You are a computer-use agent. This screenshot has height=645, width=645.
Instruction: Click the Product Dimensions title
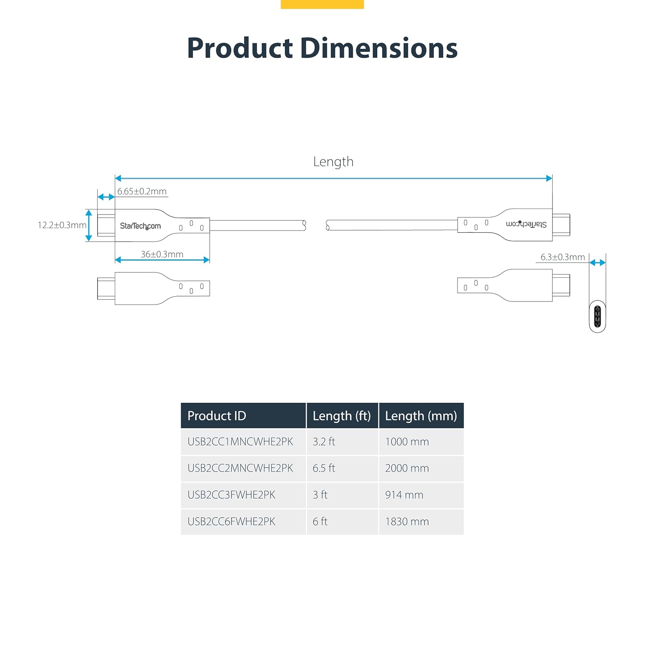[x=322, y=48]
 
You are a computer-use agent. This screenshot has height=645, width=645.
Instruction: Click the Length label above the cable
[x=333, y=162]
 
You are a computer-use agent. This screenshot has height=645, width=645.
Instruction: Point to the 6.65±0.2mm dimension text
[x=142, y=191]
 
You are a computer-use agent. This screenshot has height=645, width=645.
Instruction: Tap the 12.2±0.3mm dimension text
[x=62, y=225]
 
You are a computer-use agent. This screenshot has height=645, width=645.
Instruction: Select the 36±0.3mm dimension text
[x=162, y=254]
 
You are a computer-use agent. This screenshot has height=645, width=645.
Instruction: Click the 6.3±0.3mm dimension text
[x=562, y=257]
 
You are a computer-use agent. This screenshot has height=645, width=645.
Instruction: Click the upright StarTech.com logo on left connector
[x=140, y=226]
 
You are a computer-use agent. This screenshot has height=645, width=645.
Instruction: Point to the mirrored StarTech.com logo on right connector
[x=526, y=224]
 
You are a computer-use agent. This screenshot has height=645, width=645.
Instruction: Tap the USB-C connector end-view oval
[x=597, y=316]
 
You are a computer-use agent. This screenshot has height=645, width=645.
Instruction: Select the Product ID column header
[x=217, y=416]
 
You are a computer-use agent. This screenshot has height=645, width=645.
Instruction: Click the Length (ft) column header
[x=342, y=416]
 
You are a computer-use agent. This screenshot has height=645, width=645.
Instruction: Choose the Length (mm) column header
[x=421, y=416]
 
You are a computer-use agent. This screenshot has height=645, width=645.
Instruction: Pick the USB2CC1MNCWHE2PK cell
[x=240, y=442]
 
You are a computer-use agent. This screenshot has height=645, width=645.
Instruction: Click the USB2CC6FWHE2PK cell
[x=231, y=522]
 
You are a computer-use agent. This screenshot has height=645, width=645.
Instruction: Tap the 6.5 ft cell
[x=324, y=468]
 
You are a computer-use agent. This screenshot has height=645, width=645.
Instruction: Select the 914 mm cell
[x=404, y=495]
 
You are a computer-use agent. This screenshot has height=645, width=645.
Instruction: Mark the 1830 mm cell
[x=407, y=522]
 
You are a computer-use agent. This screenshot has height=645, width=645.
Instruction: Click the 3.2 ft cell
[x=324, y=442]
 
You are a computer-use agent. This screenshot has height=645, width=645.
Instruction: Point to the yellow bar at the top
[x=322, y=4]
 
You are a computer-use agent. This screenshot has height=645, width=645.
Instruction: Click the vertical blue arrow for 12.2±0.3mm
[x=89, y=225]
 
